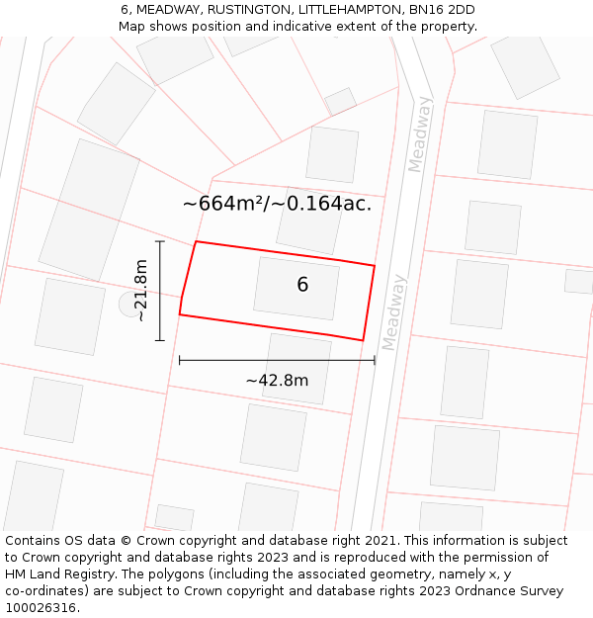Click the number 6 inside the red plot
click(302, 285)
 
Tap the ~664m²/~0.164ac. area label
click(277, 205)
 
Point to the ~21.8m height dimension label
click(141, 291)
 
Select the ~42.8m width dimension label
click(277, 381)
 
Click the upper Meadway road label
click(420, 133)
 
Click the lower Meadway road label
click(393, 311)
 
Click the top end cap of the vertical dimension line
click(159, 240)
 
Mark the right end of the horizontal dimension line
click(375, 360)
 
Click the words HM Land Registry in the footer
click(55, 574)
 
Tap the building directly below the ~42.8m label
click(274, 436)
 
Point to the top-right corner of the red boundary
click(375, 265)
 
